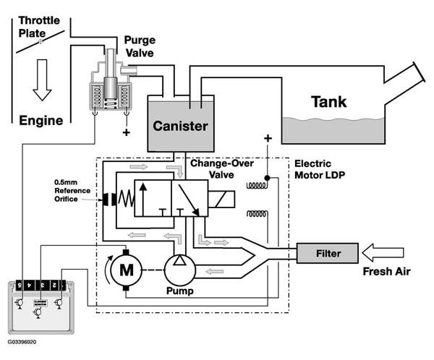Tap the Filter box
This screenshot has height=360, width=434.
click(x=328, y=254)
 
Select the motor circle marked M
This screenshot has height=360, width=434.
click(x=127, y=270)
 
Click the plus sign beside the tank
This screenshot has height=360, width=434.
click(x=268, y=137)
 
